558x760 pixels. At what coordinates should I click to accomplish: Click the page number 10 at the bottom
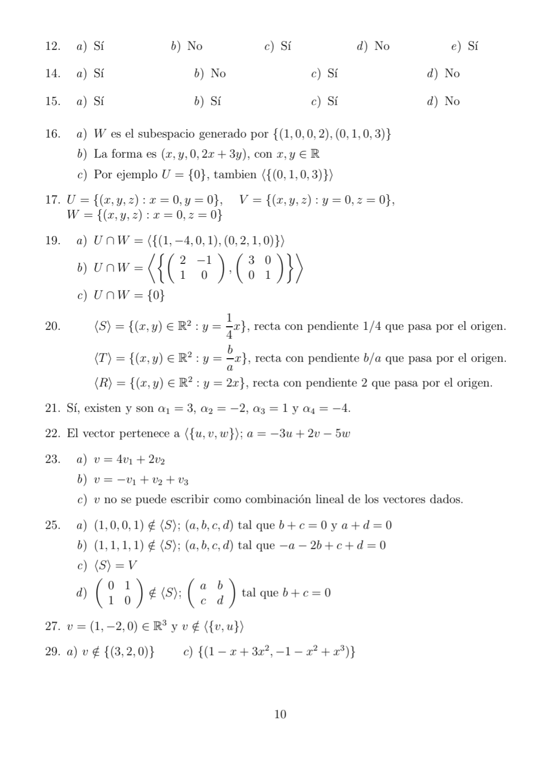(x=280, y=714)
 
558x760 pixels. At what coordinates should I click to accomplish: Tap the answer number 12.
(x=53, y=46)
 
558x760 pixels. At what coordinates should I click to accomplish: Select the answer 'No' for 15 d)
(x=452, y=101)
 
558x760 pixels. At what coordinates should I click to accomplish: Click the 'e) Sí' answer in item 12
(x=465, y=46)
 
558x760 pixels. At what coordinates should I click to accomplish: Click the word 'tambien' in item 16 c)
(x=235, y=175)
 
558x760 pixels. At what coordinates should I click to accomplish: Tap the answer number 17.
(x=53, y=199)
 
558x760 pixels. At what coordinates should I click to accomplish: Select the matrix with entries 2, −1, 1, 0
(x=193, y=268)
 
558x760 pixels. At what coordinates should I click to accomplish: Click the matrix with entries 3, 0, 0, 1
(x=259, y=268)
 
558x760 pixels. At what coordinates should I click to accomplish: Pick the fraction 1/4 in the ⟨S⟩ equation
(x=229, y=326)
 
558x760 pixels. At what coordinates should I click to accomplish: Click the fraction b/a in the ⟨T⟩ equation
(x=230, y=358)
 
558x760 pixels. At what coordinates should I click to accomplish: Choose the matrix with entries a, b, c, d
(x=211, y=593)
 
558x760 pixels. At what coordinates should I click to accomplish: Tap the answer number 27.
(x=53, y=627)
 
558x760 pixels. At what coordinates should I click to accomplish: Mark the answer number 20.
(x=53, y=326)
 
